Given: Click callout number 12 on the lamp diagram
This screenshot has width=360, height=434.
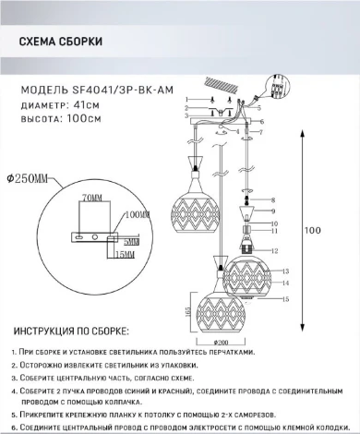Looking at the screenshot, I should coord(275,251).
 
